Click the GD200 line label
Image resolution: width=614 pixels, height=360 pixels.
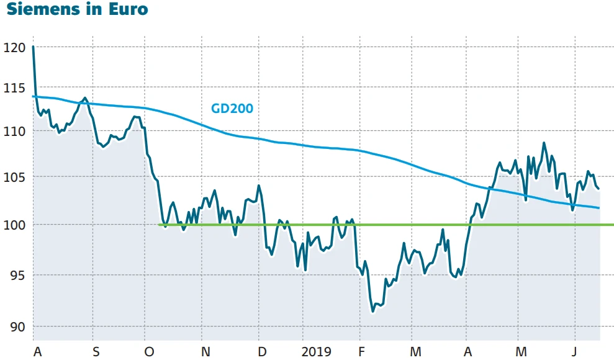coord(232,109)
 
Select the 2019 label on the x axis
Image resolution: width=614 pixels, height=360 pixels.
coord(316,352)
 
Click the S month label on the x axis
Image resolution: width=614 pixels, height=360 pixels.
coord(96,352)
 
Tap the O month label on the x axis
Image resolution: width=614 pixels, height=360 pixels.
coord(148,352)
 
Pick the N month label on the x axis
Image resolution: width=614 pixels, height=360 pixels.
coord(205,352)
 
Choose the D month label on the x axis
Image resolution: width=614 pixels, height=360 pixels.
coord(263,352)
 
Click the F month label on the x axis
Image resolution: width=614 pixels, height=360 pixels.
coord(363,352)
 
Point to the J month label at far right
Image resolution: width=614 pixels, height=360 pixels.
coord(574,352)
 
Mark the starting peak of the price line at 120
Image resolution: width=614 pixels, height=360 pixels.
coord(33,47)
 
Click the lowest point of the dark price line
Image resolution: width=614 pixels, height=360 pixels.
coord(372,311)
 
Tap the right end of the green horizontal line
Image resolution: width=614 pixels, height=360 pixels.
coord(612,225)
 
